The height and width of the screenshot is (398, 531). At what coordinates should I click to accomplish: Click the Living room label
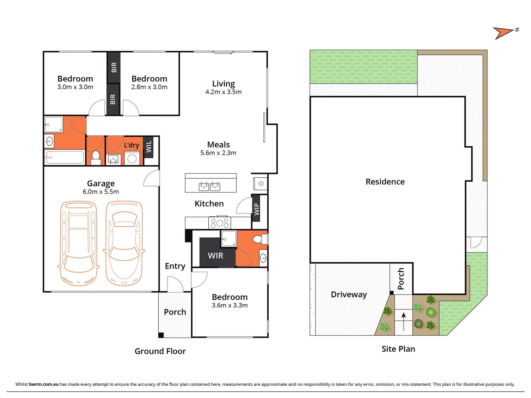223,84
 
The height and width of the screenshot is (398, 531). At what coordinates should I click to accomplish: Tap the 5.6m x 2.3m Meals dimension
218,153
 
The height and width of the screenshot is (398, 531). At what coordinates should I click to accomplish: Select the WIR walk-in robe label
215,256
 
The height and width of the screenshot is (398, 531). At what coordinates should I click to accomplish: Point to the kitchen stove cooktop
220,223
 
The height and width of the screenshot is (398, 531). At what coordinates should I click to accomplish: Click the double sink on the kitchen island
209,186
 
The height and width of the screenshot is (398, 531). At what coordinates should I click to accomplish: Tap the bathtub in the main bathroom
65,157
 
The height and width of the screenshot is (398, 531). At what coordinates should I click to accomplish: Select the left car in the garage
79,243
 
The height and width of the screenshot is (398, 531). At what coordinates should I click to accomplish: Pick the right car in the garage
124,243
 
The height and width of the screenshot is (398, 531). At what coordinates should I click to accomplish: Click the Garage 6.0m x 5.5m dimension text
101,192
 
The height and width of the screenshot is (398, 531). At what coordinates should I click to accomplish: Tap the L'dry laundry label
131,145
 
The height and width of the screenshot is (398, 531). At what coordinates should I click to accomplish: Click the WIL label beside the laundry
149,147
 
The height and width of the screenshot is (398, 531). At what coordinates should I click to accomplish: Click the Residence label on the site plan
385,182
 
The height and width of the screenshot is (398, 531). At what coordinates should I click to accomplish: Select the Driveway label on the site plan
348,294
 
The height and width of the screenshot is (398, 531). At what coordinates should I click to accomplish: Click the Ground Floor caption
160,351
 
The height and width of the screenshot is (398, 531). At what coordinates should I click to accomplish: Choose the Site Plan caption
398,349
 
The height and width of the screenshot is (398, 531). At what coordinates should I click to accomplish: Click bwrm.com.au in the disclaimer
44,384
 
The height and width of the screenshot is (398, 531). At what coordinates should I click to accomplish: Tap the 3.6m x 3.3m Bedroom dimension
229,306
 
